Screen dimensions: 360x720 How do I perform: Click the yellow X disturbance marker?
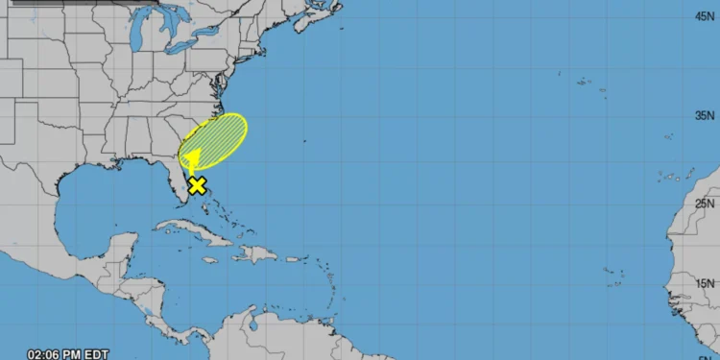(197, 185)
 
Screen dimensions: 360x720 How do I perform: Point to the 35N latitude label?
(706, 114)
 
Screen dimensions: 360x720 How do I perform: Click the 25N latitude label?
(706, 203)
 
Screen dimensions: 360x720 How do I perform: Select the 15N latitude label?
(706, 282)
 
